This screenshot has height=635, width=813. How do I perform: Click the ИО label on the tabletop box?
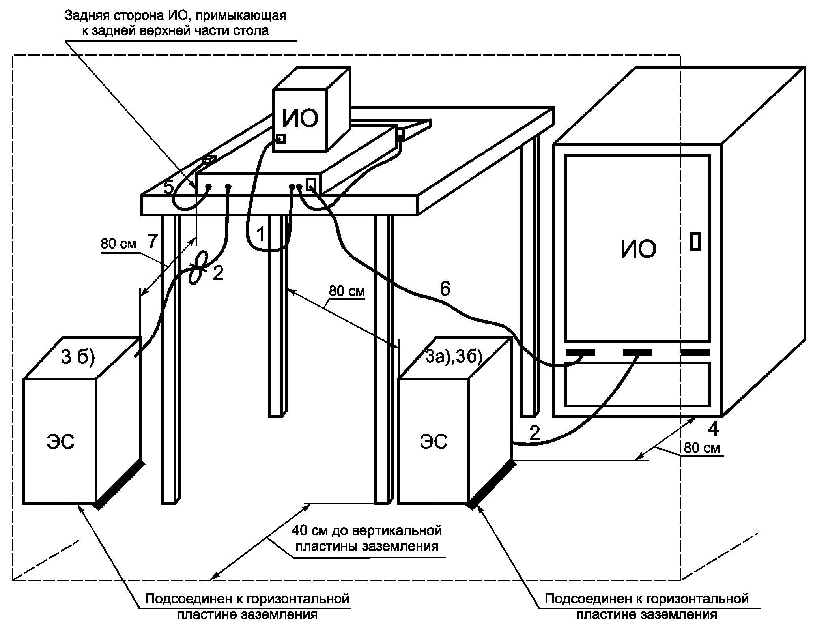(300, 118)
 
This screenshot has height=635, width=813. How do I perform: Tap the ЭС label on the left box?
(60, 442)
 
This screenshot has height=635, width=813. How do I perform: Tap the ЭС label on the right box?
(434, 442)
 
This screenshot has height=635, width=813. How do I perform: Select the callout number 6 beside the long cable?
(445, 289)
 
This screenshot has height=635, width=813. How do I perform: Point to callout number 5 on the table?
(168, 188)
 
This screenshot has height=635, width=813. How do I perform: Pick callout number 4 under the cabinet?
(713, 429)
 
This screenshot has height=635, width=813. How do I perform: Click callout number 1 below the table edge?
(261, 234)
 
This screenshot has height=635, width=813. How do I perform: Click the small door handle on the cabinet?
(695, 241)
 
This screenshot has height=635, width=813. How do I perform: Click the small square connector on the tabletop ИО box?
(280, 139)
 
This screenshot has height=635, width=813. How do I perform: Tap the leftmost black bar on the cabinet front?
(580, 352)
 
